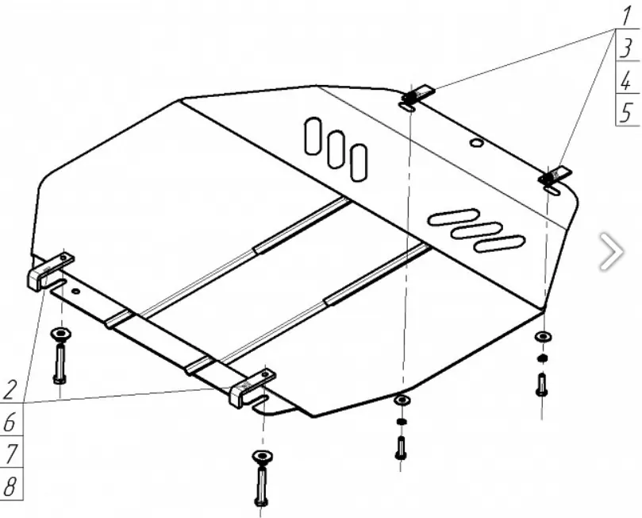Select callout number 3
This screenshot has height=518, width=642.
point(627,48)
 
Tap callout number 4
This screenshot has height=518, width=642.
point(627,80)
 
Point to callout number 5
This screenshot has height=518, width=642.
point(627,112)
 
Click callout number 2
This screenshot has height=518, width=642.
point(10,390)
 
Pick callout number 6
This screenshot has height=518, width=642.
point(10,423)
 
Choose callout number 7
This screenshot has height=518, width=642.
point(10,453)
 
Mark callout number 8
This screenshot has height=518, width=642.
point(10,485)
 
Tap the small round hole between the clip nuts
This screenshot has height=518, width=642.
point(475,143)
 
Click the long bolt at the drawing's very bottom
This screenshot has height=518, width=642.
point(261,485)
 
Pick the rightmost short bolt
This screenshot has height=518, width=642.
point(542,385)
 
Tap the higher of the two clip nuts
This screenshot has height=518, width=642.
point(415,95)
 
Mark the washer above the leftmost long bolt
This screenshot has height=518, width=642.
point(60,332)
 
